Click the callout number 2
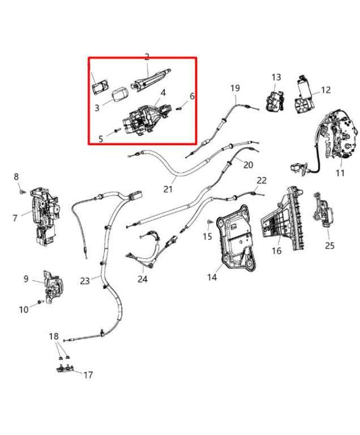pos(147,57)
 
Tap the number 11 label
pos(340,173)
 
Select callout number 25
pos(330,245)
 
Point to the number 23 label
pos(85,281)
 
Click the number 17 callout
pos(88,375)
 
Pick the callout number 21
pos(168,189)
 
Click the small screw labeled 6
pos(180,108)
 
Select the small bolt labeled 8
pos(22,191)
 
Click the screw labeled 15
pos(209,222)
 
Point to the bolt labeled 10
pos(41,301)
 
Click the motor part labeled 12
pos(303,95)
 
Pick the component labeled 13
pos(275,101)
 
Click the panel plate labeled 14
pos(237,238)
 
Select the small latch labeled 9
pos(54,287)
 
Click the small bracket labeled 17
pos(65,368)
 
